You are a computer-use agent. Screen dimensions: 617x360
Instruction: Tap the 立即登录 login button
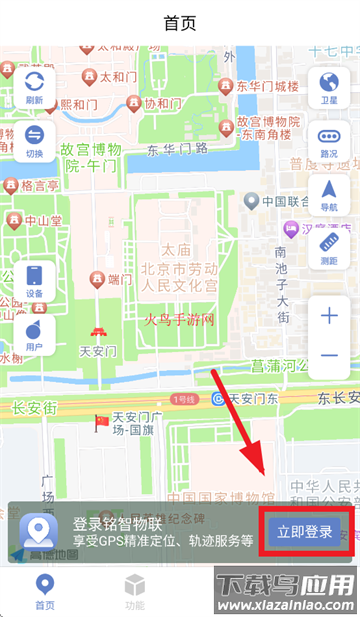point(304,530)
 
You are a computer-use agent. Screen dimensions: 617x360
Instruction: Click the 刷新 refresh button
point(34,87)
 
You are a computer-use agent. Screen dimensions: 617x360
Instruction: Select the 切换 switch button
point(34,141)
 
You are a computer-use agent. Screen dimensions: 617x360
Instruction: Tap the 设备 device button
point(34,280)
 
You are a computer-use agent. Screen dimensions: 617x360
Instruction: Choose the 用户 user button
point(34,334)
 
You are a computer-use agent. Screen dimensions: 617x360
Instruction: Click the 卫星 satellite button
point(328,87)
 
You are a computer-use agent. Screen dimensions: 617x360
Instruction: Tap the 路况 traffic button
point(328,141)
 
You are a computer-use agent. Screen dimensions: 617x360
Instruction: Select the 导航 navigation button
point(328,195)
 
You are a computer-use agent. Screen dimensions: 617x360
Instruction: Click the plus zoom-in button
point(329,316)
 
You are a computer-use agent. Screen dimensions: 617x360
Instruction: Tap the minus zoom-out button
point(329,356)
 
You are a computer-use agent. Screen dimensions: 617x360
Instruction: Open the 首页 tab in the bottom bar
point(45,591)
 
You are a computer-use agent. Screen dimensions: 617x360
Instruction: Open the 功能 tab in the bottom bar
point(135,591)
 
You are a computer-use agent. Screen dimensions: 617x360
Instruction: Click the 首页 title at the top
point(179,23)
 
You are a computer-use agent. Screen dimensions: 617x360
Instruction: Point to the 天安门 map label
point(98,352)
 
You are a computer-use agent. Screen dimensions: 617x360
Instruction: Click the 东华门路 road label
point(178,150)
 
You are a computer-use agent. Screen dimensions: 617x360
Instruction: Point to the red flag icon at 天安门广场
point(102,421)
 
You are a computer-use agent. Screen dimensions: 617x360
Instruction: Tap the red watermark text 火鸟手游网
point(187,320)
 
